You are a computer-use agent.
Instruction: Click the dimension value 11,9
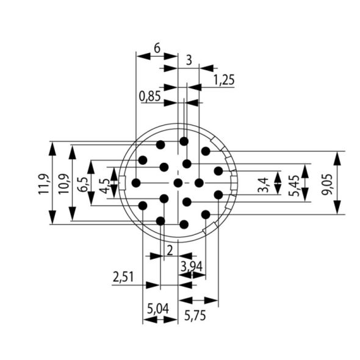(43, 183)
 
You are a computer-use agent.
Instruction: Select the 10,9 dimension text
(63, 183)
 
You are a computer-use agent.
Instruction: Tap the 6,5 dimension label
(83, 183)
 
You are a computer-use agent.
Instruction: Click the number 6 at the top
(157, 47)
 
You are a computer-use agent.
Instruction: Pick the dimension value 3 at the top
(189, 60)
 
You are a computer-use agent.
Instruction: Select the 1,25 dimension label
(224, 80)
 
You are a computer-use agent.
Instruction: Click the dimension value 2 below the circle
(169, 249)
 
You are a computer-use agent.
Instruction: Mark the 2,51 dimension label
(124, 278)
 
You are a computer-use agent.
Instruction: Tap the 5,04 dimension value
(157, 309)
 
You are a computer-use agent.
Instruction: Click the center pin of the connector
(178, 182)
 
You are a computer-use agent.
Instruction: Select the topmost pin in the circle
(184, 141)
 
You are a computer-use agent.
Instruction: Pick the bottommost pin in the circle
(184, 224)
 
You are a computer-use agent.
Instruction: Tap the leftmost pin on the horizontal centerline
(136, 182)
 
